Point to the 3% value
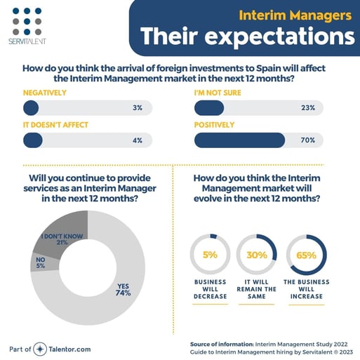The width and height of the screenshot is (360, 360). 137,108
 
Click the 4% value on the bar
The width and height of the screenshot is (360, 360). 137,140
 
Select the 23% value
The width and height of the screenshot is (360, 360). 307,108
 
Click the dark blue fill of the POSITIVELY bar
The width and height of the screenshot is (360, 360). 239,140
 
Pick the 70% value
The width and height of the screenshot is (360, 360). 307,140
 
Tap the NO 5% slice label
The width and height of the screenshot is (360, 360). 42,262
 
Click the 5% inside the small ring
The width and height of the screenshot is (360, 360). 209,255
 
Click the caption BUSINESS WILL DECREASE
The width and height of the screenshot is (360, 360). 209,288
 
